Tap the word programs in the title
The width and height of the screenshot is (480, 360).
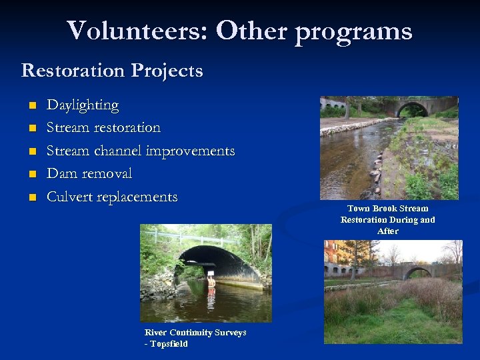[353, 31]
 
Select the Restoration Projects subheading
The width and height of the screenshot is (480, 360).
[112, 70]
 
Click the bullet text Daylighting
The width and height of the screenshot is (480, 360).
[83, 105]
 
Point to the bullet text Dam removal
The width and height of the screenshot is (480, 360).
[89, 174]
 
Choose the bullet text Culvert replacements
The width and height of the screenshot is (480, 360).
[111, 197]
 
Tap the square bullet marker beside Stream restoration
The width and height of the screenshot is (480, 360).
[31, 128]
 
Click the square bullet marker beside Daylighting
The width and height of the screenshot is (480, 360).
[31, 105]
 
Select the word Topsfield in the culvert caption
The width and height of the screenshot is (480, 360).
[169, 344]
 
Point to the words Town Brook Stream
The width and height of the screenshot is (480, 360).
[387, 209]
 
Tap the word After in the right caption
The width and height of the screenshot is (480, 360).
[387, 231]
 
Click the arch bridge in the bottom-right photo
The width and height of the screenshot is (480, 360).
[417, 271]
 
